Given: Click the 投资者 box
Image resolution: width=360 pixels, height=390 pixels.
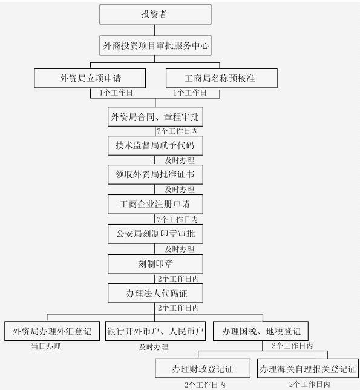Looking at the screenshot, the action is [155, 15].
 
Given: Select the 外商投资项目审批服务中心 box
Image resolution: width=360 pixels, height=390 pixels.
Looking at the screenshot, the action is [155, 45].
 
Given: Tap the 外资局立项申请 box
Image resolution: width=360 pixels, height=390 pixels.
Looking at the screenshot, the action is [90, 78].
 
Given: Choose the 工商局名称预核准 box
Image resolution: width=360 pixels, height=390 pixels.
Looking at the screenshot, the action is [221, 78].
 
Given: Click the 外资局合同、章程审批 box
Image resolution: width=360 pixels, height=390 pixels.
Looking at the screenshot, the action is [155, 117].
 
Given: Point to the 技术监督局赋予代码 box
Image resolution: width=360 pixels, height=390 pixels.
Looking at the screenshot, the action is [155, 145].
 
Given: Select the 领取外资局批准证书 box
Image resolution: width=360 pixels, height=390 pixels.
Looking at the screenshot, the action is [155, 174].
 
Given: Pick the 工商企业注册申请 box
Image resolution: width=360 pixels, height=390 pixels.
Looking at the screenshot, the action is [155, 204].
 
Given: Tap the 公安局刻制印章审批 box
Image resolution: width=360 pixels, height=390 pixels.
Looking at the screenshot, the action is [155, 234].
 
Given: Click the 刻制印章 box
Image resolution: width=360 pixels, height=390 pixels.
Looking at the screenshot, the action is [155, 264].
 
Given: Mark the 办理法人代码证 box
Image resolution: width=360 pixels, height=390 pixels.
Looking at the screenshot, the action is [155, 294].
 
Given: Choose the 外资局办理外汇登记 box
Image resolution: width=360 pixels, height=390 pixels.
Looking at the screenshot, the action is [52, 331].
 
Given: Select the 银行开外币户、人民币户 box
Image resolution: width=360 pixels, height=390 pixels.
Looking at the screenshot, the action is [155, 331].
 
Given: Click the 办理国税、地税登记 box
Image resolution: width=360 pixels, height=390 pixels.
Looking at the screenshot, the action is [261, 331].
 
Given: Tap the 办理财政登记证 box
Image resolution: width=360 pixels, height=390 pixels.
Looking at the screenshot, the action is [203, 368].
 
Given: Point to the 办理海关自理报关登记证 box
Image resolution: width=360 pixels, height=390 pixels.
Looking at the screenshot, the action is [308, 368].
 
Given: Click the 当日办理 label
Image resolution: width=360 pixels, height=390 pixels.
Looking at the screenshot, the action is [46, 346].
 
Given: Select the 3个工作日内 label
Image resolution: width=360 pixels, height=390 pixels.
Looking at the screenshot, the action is [292, 346].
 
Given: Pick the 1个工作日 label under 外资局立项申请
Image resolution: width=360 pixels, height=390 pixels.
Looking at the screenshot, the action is [116, 93].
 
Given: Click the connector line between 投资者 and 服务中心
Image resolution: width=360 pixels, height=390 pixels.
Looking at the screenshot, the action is [155, 30].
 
